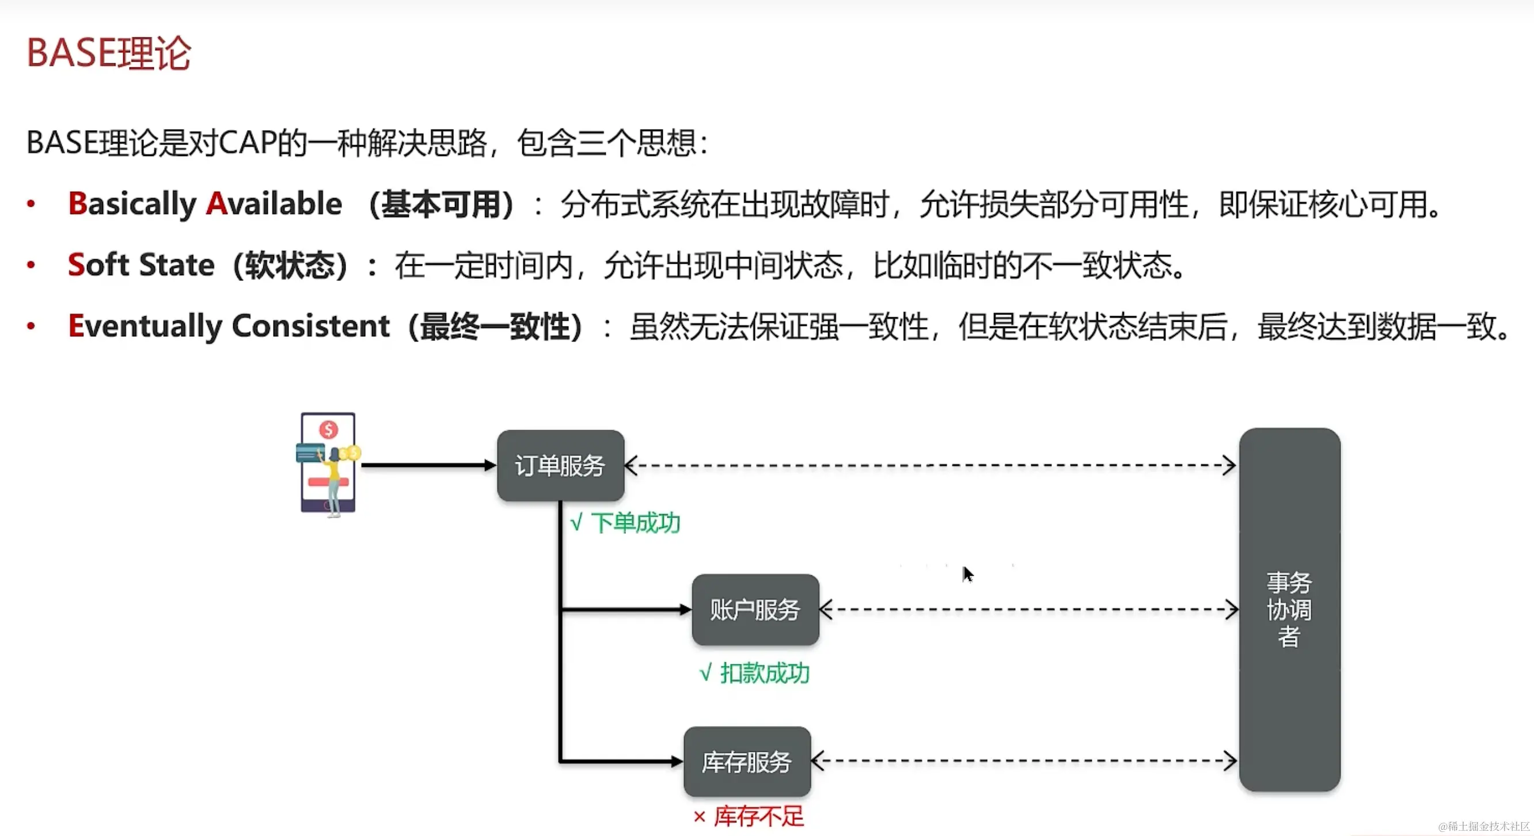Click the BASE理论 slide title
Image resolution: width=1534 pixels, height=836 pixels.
click(109, 53)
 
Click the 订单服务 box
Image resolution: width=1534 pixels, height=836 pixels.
click(560, 466)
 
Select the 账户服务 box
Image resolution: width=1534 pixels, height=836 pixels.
click(755, 610)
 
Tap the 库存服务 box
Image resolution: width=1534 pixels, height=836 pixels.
click(747, 762)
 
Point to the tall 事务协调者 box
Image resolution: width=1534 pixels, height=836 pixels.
click(1289, 610)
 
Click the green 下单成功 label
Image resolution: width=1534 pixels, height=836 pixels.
click(625, 523)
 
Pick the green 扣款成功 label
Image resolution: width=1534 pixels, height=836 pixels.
click(754, 674)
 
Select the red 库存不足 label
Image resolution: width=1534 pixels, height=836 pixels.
click(749, 816)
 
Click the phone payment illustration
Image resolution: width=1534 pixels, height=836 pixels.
click(328, 463)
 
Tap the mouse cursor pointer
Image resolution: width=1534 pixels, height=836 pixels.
click(967, 574)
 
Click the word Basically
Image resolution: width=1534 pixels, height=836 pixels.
click(132, 204)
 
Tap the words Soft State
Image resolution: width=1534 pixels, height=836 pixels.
click(141, 265)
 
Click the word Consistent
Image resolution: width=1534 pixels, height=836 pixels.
click(310, 326)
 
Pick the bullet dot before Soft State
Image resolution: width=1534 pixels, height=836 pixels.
click(31, 265)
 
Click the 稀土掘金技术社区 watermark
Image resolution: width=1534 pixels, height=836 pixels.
click(1483, 826)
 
